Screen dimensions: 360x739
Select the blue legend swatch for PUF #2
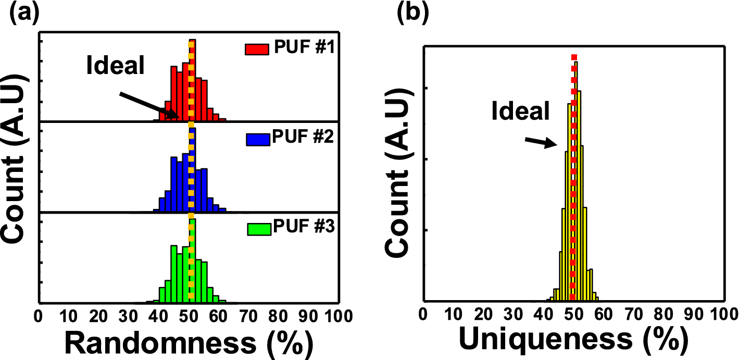[258, 139]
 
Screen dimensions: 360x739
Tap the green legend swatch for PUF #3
[258, 229]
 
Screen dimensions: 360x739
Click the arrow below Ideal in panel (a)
[149, 105]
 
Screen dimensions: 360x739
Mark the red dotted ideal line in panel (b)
[574, 177]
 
